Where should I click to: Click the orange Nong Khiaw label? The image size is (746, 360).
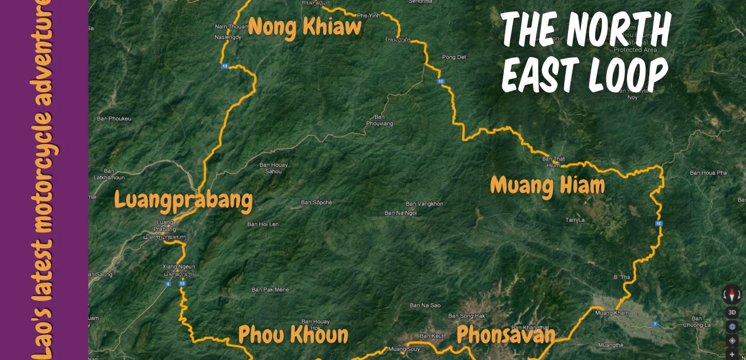click(x=305, y=27)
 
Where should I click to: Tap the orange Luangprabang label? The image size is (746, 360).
click(x=183, y=200)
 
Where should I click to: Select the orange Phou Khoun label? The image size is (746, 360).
click(x=293, y=335)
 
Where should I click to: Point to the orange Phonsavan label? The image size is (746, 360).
click(x=506, y=335)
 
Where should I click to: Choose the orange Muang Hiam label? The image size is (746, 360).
click(x=547, y=186)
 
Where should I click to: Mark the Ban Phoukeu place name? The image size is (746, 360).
click(x=114, y=119)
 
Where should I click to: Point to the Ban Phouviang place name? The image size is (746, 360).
click(x=380, y=120)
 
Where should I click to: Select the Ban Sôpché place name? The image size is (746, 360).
click(x=316, y=203)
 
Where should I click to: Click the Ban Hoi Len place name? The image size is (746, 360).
click(x=263, y=224)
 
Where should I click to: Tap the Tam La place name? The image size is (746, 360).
click(x=575, y=220)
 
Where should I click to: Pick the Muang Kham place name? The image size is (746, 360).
click(x=612, y=313)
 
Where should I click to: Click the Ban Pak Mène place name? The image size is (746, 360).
click(x=270, y=290)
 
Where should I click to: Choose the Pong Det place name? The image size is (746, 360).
click(x=454, y=57)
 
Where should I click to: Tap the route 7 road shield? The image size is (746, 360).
click(x=655, y=323)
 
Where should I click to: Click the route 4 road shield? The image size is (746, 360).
click(x=168, y=284)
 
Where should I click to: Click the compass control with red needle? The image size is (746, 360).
click(x=732, y=295)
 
